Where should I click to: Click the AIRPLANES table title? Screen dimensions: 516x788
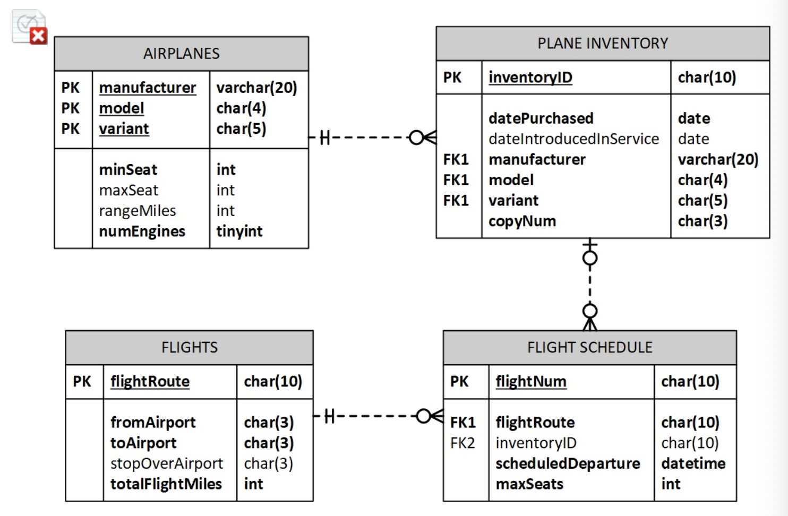pyautogui.click(x=181, y=54)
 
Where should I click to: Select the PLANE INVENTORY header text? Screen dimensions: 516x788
pyautogui.click(x=603, y=44)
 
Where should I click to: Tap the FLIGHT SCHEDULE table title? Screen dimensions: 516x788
pyautogui.click(x=589, y=348)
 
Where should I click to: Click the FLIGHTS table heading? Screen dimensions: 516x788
pyautogui.click(x=190, y=348)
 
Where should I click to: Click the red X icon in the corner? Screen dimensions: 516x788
pyautogui.click(x=38, y=36)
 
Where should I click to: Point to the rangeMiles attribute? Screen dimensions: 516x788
pyautogui.click(x=137, y=211)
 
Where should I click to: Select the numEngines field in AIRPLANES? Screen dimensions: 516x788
pyautogui.click(x=142, y=231)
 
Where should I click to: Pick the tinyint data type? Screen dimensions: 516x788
pyautogui.click(x=239, y=231)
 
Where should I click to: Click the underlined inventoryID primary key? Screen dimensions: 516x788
pyautogui.click(x=530, y=78)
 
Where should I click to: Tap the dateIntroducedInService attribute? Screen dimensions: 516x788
pyautogui.click(x=573, y=139)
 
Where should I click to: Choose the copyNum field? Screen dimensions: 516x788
pyautogui.click(x=522, y=221)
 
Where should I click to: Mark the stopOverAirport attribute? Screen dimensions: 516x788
pyautogui.click(x=166, y=463)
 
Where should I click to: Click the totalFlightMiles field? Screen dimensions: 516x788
pyautogui.click(x=166, y=484)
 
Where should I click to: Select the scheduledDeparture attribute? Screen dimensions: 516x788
pyautogui.click(x=568, y=463)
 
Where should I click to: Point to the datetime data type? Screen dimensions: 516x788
pyautogui.click(x=693, y=463)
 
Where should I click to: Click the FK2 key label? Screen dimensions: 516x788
pyautogui.click(x=462, y=443)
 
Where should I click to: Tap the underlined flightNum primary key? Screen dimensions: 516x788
pyautogui.click(x=530, y=382)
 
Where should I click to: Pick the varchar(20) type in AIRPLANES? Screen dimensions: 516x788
pyautogui.click(x=256, y=88)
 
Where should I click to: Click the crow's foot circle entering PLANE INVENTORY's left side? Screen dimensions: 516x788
pyautogui.click(x=416, y=137)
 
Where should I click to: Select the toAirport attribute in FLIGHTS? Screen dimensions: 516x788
pyautogui.click(x=143, y=443)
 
